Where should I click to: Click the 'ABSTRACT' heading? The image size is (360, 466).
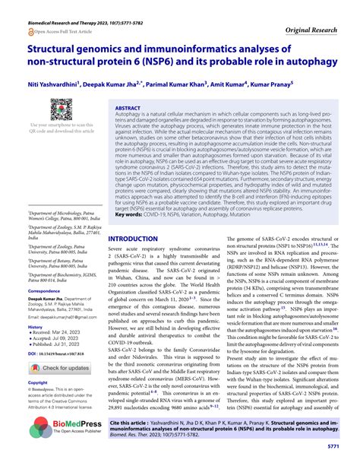pyautogui.click(x=128, y=109)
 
